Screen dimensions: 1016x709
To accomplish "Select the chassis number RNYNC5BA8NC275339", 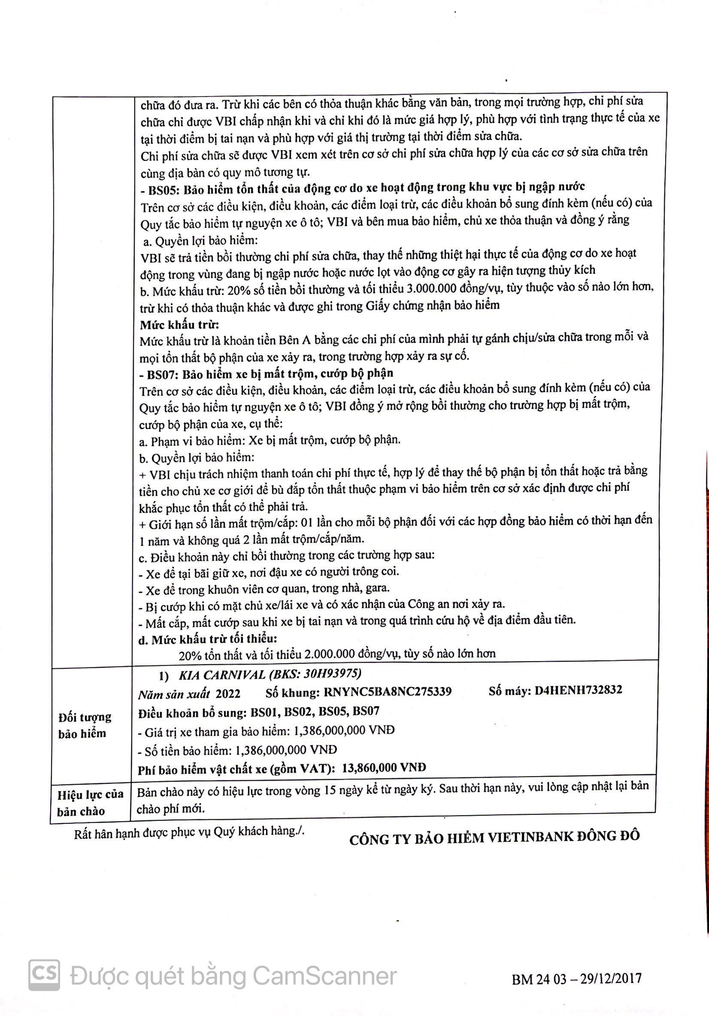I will [x=388, y=691].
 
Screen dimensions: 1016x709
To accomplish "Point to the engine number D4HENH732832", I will [x=578, y=689].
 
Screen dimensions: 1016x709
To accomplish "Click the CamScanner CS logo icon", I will [x=45, y=975].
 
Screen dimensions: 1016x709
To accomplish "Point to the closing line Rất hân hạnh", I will [x=189, y=832].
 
